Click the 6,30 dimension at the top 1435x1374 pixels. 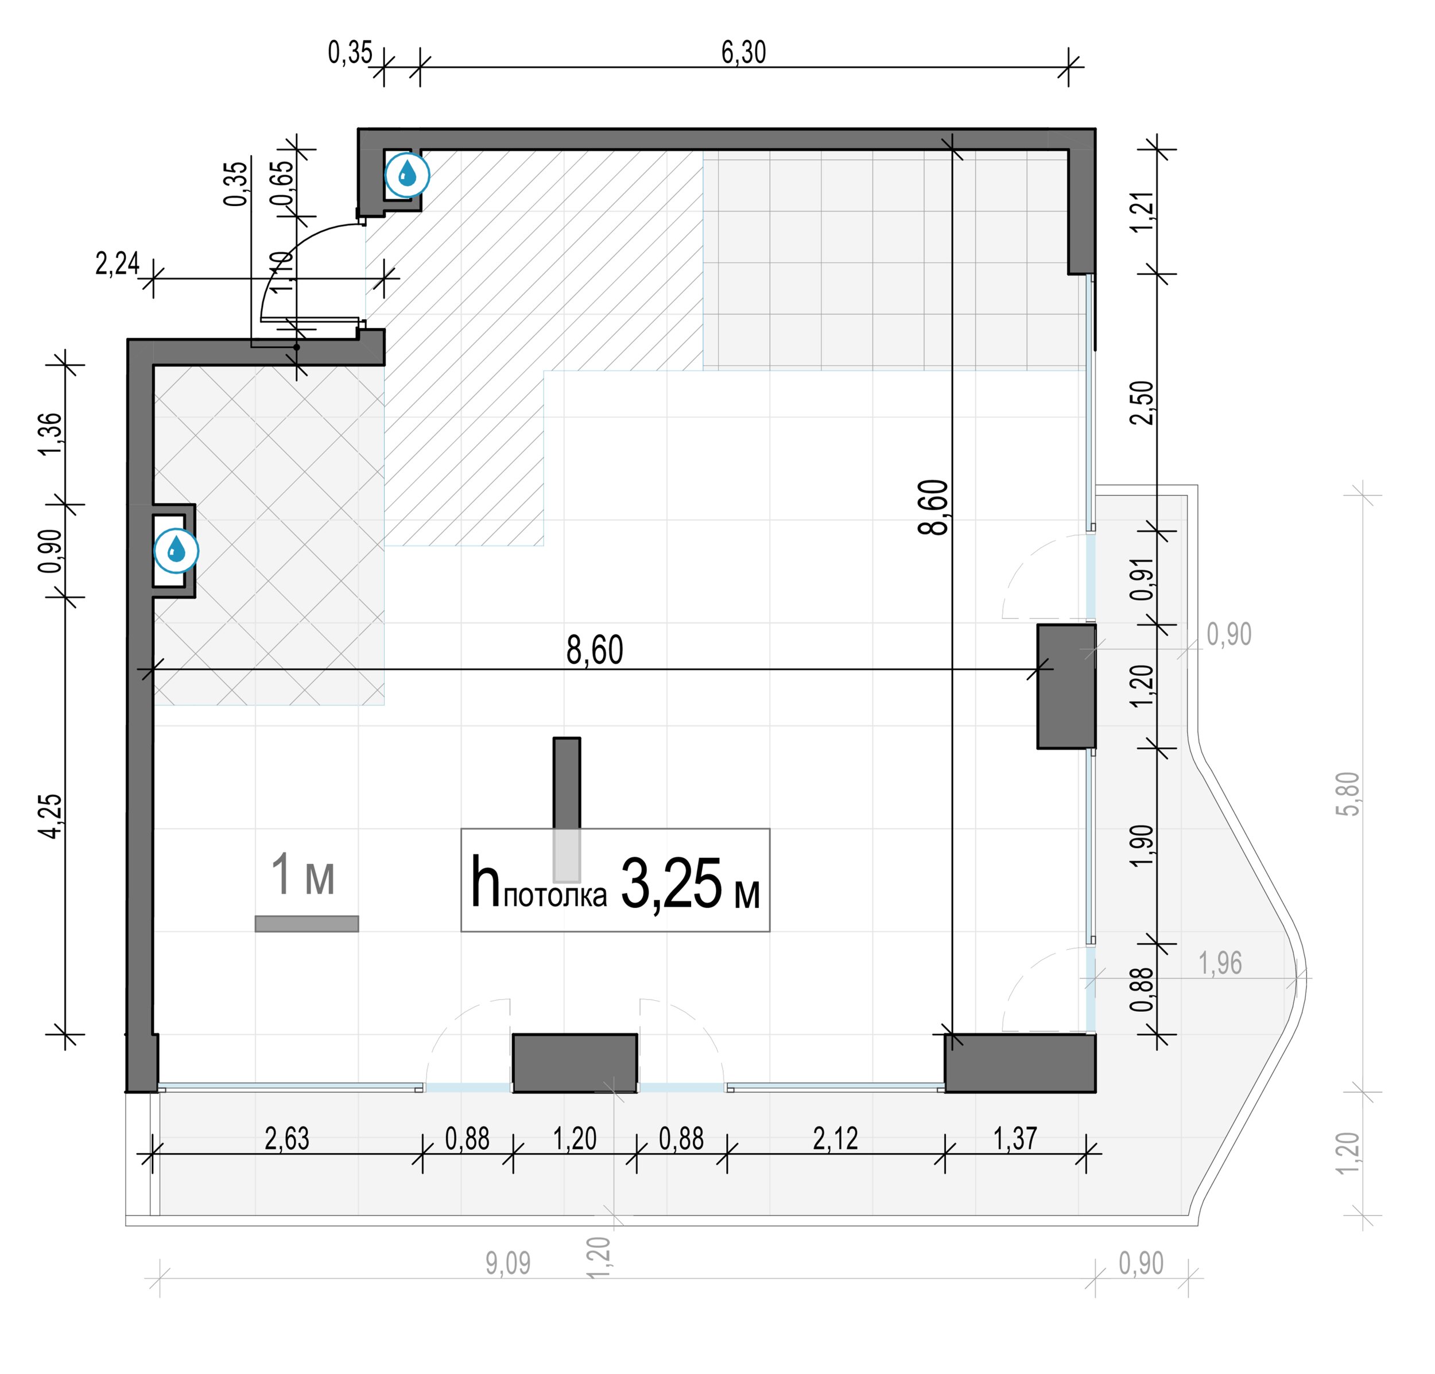(x=743, y=53)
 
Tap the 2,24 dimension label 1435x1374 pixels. (x=117, y=264)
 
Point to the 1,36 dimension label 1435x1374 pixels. (x=51, y=434)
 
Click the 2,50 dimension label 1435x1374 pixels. (x=1142, y=403)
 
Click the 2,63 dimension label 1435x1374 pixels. (x=287, y=1139)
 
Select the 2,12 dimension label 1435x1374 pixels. (x=835, y=1139)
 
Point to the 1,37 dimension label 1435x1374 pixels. (x=1015, y=1139)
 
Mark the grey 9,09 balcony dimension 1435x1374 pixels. (x=508, y=1263)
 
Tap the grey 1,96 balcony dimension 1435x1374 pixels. (x=1220, y=964)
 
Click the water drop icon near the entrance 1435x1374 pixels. (x=407, y=175)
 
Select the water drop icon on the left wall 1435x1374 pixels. (x=176, y=551)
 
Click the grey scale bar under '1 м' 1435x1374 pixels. (x=307, y=924)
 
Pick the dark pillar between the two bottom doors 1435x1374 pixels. (x=575, y=1063)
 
